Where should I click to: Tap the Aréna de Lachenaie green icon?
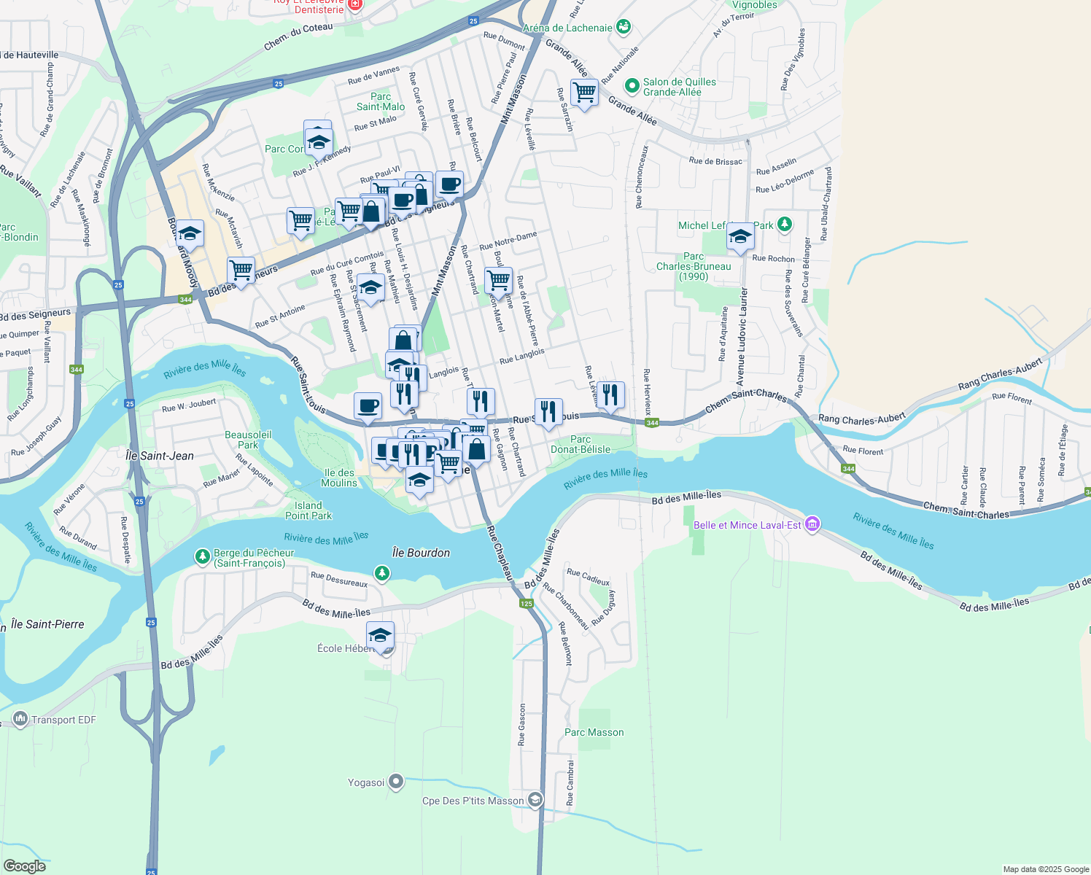click(x=623, y=28)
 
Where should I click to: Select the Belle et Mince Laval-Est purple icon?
click(x=812, y=524)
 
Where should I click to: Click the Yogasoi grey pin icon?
click(x=396, y=782)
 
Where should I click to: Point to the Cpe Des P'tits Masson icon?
click(x=535, y=801)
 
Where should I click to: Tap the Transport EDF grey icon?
click(x=20, y=720)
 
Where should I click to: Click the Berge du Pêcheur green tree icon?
click(x=203, y=557)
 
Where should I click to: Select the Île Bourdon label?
click(x=421, y=553)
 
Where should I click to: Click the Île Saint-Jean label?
click(x=160, y=456)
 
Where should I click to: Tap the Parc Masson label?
click(x=594, y=732)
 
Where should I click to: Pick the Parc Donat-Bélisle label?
click(x=581, y=444)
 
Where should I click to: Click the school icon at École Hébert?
click(x=380, y=636)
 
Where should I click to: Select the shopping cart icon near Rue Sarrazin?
click(x=584, y=93)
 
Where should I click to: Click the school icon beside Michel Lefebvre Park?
click(x=740, y=237)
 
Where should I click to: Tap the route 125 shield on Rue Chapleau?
click(x=527, y=603)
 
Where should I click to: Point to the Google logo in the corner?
click(x=24, y=866)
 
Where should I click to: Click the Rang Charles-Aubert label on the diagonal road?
click(x=1000, y=374)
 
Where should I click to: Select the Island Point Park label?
click(x=308, y=510)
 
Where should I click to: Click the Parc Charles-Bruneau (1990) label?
click(x=694, y=266)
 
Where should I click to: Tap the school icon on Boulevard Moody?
click(x=190, y=234)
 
